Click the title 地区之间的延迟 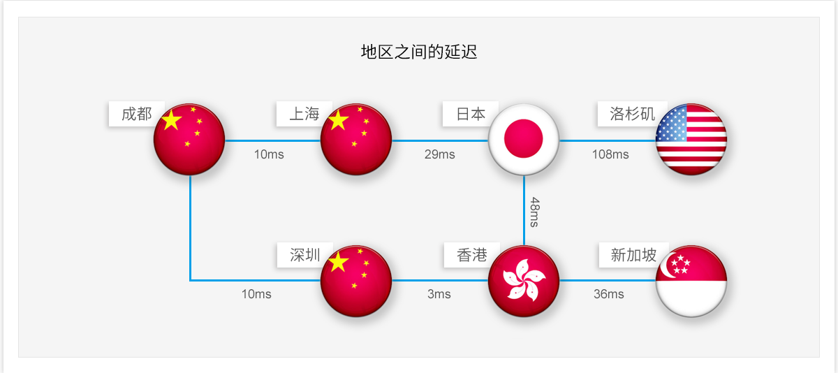click(419, 52)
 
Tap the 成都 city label click(136, 114)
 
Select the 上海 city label click(304, 114)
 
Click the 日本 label click(471, 114)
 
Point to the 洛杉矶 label click(632, 114)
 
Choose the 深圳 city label click(304, 255)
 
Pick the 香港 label click(471, 255)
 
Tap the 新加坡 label click(633, 255)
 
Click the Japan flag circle click(524, 139)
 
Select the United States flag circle click(691, 139)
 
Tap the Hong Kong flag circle click(524, 281)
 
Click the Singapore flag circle click(691, 281)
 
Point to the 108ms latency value click(610, 154)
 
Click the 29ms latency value click(439, 154)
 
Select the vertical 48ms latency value click(534, 212)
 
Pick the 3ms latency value click(439, 294)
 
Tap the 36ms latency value click(609, 294)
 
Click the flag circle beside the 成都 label click(189, 139)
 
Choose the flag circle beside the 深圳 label click(356, 281)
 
